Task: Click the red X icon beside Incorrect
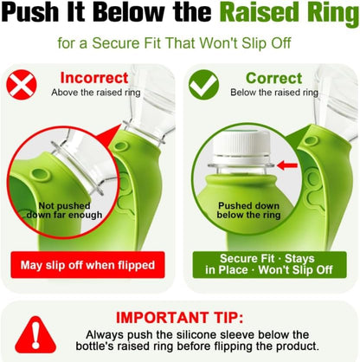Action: (22, 85)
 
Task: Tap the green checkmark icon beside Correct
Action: (203, 85)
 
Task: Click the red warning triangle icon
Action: (35, 335)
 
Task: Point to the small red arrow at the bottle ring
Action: (287, 165)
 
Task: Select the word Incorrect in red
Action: (94, 78)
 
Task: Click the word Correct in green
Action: (274, 78)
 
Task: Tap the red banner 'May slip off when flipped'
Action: (87, 265)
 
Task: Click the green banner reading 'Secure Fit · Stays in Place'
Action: (269, 265)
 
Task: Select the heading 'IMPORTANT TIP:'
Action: (179, 318)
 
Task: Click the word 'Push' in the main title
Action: (29, 13)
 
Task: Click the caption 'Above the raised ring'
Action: (96, 93)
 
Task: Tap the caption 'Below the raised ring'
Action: (274, 93)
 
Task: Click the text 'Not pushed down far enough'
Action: (64, 210)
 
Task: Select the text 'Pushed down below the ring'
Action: (248, 210)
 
